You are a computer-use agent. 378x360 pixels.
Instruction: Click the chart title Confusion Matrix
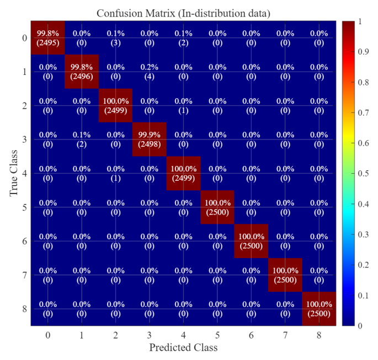click(x=187, y=12)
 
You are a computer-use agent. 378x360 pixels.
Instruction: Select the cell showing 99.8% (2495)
click(x=48, y=38)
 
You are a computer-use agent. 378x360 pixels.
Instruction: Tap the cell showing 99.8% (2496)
click(x=82, y=72)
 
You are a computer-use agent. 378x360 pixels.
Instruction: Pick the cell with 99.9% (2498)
click(x=150, y=139)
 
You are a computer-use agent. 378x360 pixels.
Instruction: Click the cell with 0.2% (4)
click(x=150, y=72)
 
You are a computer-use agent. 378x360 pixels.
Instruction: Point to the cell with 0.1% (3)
click(x=116, y=38)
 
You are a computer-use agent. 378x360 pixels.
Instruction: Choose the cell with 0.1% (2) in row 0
click(x=184, y=38)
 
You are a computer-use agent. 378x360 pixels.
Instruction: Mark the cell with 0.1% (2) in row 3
click(x=82, y=139)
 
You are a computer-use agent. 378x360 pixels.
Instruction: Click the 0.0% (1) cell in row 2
click(x=184, y=106)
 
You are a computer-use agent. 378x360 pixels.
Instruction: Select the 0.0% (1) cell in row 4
click(x=116, y=173)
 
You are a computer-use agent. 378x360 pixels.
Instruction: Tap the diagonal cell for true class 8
click(x=320, y=309)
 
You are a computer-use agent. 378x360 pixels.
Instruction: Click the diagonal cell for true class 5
click(x=217, y=207)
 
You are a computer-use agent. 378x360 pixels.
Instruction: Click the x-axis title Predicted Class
click(x=183, y=347)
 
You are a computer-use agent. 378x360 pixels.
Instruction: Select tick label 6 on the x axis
click(x=252, y=334)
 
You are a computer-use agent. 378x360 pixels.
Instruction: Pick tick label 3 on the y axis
click(x=24, y=140)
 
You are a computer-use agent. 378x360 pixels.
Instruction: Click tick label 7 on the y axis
click(x=24, y=275)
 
